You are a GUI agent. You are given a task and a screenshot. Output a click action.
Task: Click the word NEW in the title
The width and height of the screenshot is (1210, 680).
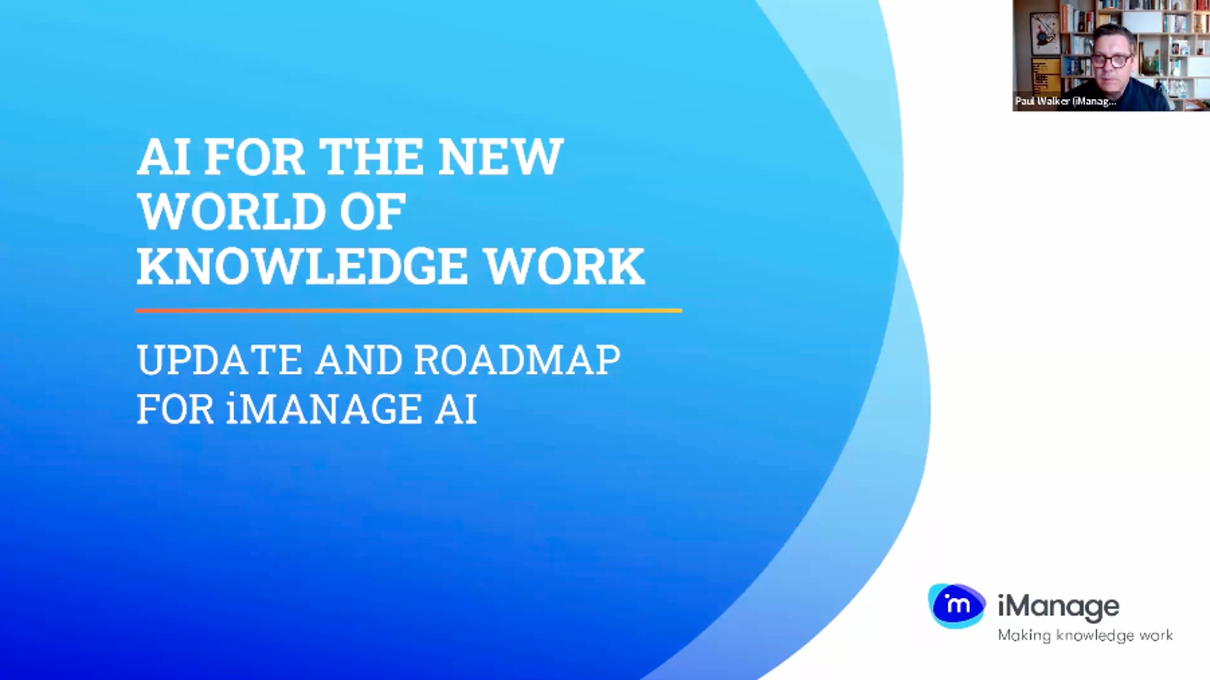[501, 157]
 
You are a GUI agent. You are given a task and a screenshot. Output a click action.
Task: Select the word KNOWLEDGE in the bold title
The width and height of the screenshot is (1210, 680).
[302, 267]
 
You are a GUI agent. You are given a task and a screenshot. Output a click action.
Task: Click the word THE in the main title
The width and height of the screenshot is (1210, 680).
[371, 157]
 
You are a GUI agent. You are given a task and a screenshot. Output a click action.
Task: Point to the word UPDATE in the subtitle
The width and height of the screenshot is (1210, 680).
[219, 360]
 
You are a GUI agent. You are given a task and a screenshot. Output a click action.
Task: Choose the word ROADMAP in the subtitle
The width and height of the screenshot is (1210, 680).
[517, 360]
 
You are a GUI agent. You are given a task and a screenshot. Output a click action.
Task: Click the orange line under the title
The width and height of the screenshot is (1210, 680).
[408, 310]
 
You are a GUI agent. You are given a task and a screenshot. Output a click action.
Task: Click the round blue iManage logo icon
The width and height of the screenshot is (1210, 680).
[957, 605]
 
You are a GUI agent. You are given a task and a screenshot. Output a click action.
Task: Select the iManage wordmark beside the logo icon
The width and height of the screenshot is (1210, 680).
[1058, 606]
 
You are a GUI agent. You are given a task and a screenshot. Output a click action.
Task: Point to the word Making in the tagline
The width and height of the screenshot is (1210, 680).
[1024, 635]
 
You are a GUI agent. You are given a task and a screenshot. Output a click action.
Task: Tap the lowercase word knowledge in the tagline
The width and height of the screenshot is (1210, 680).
[1094, 635]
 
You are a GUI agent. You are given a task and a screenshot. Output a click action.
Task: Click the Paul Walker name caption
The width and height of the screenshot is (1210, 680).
[1065, 100]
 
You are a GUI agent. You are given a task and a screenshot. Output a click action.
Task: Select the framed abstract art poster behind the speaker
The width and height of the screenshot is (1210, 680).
[1044, 34]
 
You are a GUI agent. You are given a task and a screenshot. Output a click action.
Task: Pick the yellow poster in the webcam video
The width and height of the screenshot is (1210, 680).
[1047, 76]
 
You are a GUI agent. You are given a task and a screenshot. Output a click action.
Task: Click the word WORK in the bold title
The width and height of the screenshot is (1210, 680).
[564, 267]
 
